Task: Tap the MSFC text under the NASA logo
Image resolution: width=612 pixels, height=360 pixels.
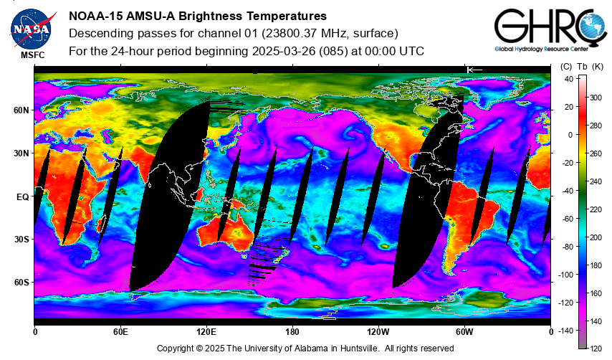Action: pos(33,55)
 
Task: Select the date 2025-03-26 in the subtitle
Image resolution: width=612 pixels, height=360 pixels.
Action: pos(283,51)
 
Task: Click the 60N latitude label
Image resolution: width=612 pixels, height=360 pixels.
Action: pos(21,110)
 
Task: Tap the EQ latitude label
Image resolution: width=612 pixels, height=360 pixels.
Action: pos(23,196)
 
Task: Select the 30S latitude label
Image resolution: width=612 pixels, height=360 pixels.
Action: pos(21,240)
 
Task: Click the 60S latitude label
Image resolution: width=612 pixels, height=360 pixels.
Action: pos(21,283)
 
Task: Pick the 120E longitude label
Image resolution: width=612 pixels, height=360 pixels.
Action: pos(206,332)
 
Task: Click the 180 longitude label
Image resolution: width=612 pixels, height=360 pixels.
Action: pos(292,332)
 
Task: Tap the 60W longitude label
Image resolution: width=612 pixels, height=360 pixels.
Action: pos(464,332)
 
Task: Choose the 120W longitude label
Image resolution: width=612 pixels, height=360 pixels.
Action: pos(378,332)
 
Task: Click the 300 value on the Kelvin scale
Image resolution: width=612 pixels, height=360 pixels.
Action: pos(596,98)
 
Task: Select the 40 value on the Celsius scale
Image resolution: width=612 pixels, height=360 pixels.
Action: pos(569,80)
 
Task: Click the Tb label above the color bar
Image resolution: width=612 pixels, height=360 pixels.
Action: pos(582,67)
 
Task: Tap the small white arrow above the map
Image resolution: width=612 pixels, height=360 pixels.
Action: pos(474,70)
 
